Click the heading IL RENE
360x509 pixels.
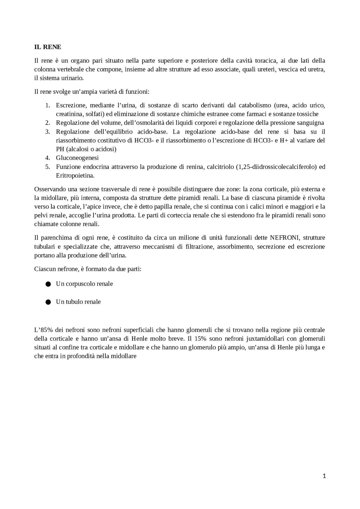[48, 47]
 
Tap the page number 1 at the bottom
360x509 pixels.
[324, 476]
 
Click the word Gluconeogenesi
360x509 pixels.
[77, 158]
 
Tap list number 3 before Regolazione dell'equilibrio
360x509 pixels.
[48, 132]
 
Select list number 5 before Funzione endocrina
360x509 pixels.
[48, 167]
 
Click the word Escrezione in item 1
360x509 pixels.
[71, 105]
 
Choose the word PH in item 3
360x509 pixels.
[60, 149]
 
